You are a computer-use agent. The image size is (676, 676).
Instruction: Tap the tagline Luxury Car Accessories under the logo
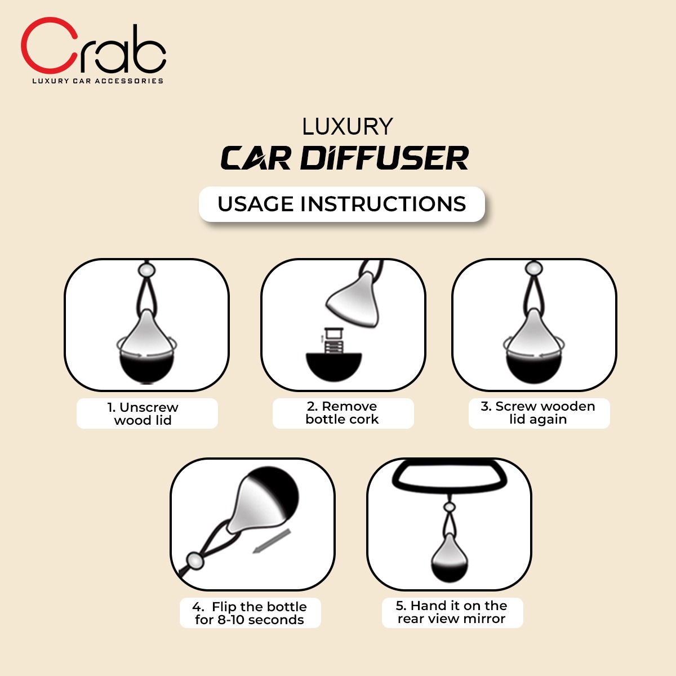pos(97,81)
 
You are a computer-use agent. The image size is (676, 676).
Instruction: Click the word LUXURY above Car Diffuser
pos(347,127)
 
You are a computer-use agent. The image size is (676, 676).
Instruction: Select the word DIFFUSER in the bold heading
pos(384,158)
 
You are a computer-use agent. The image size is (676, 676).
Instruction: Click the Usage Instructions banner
pos(341,204)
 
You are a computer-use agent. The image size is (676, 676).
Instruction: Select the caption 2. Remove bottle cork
pos(342,413)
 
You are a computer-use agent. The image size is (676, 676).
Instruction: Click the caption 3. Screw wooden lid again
pos(538,413)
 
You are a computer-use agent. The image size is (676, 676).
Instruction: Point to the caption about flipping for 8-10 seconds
pos(250,613)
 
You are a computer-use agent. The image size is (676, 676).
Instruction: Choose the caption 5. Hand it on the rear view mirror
pos(451,612)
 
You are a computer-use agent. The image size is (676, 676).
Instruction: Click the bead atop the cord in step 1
pos(147,269)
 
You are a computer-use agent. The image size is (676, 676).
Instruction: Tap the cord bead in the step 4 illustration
pos(195,561)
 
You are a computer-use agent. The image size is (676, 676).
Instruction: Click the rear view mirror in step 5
pos(449,478)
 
